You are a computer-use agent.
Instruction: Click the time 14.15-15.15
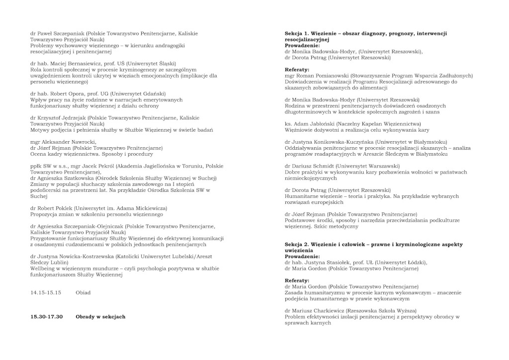click(46, 292)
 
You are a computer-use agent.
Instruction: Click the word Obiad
click(83, 292)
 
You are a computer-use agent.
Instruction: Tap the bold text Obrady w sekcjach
click(100, 317)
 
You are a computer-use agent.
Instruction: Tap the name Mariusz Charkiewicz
click(318, 310)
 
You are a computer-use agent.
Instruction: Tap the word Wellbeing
click(44, 269)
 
